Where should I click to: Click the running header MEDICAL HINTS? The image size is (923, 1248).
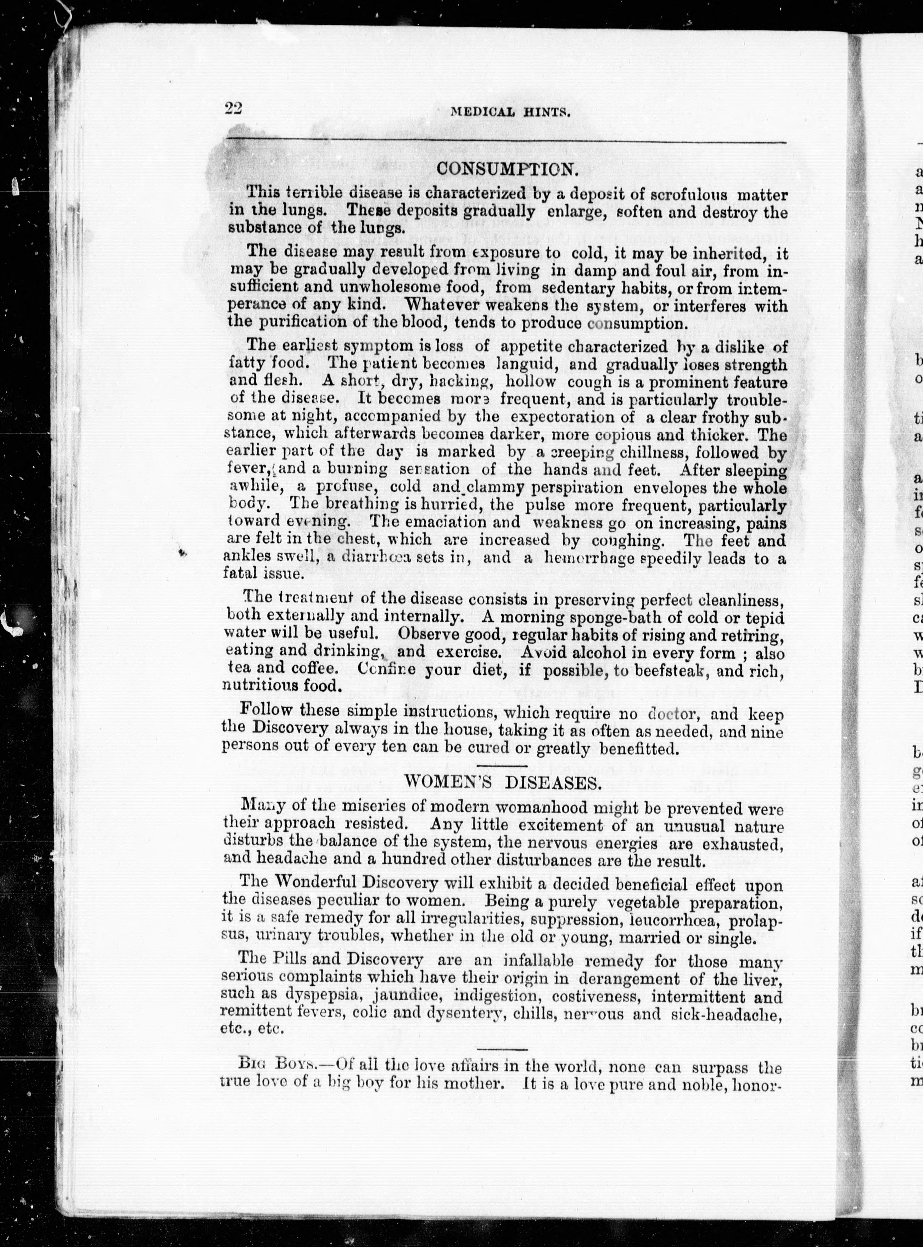510,111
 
